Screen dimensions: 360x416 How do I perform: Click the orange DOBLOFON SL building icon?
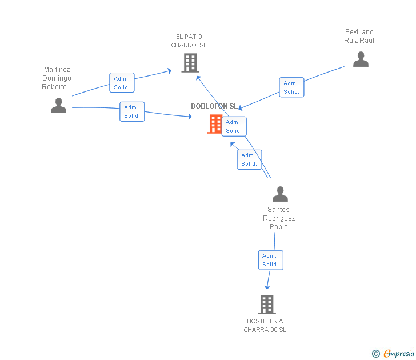coord(215,123)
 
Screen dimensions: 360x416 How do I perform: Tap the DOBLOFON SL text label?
coord(214,106)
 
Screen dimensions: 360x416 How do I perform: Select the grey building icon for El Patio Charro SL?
coord(190,63)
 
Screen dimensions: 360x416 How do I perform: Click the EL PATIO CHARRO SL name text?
coord(189,41)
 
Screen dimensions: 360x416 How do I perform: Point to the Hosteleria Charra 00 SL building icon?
coord(266,305)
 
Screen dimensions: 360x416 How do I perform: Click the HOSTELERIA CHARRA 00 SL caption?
coord(265,326)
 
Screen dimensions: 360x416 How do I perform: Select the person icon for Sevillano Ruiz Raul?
coord(361,59)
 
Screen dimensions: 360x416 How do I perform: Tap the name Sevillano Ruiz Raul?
coord(359,36)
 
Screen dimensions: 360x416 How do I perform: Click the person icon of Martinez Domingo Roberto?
coord(58,105)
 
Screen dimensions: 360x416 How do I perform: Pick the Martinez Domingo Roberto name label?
coord(57,78)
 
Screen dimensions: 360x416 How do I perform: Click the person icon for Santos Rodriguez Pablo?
coord(280,194)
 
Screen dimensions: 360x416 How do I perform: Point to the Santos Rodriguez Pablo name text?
coord(279,218)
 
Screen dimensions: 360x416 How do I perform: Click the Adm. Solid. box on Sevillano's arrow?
coord(291,87)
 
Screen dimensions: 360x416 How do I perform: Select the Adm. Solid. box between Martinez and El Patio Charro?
coord(122,83)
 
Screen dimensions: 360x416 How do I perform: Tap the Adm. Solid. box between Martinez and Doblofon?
coord(132,111)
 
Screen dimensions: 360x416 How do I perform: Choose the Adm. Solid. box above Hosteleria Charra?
coord(270,260)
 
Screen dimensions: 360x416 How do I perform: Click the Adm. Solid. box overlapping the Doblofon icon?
coord(234,126)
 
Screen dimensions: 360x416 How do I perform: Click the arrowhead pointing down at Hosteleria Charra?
coord(267,286)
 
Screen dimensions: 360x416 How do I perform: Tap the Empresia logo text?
coord(398,354)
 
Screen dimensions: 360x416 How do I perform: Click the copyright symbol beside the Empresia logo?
coord(375,354)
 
